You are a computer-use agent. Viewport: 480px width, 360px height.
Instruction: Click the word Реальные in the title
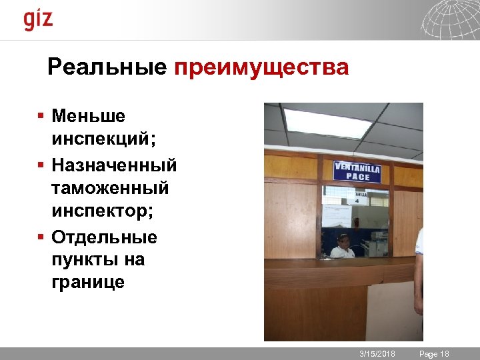coord(107,67)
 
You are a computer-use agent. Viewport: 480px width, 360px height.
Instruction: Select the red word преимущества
coord(261,68)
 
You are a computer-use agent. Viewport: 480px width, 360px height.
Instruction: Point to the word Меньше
coord(88,116)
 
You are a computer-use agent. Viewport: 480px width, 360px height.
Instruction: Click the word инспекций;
coord(103,140)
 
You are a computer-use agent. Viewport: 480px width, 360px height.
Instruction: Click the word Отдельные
coord(104,237)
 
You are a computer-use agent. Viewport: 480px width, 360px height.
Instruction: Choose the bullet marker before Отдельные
coord(41,237)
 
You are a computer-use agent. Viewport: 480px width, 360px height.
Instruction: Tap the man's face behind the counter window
coord(343,242)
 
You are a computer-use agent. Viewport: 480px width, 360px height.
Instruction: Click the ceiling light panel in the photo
coord(327,123)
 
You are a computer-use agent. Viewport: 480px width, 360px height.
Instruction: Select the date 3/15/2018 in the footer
coord(377,353)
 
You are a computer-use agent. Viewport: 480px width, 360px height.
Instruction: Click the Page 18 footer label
coord(434,353)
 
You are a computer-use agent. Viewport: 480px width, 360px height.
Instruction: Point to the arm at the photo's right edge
coord(419,273)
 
